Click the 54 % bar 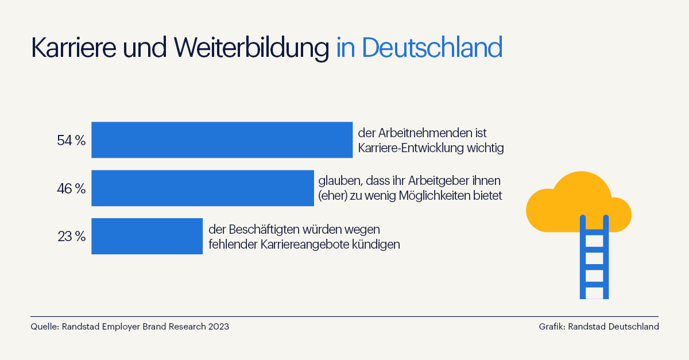click(x=222, y=140)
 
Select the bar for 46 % click(x=202, y=188)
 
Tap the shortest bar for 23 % click(x=147, y=236)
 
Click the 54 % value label click(x=71, y=140)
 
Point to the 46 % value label click(x=71, y=188)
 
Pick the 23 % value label click(x=71, y=237)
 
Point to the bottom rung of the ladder click(x=594, y=284)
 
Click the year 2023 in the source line click(x=218, y=327)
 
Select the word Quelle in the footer click(x=44, y=327)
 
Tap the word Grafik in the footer click(x=552, y=327)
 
